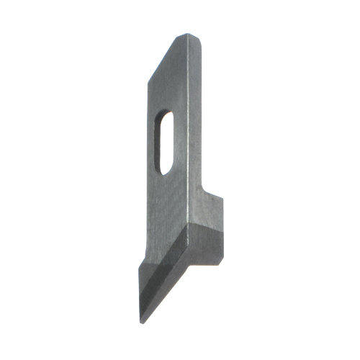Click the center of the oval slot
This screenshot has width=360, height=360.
164,141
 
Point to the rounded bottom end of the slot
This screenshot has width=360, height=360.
162,171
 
